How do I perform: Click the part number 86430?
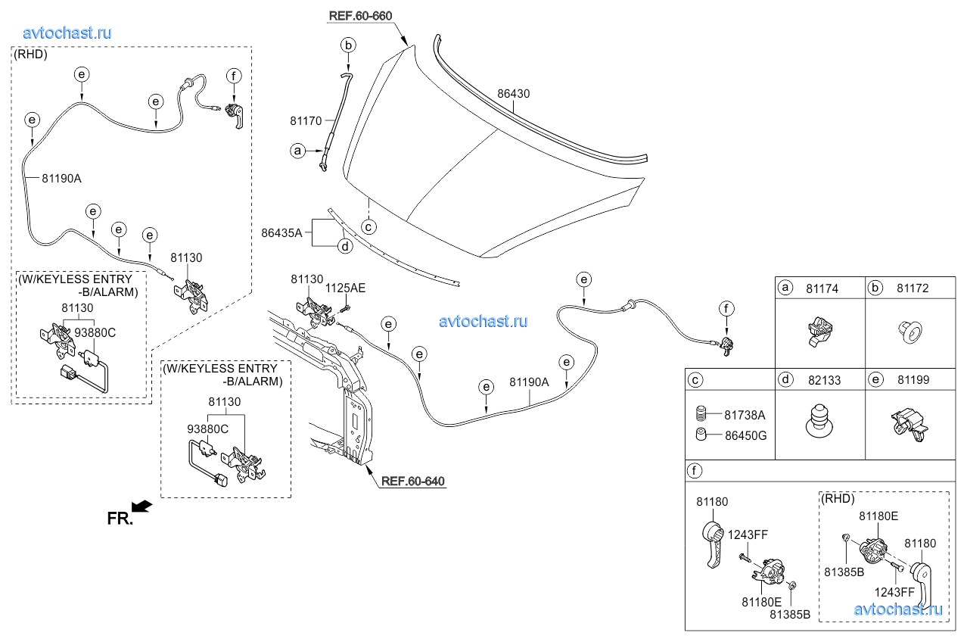click(x=513, y=95)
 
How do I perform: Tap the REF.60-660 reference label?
click(x=361, y=16)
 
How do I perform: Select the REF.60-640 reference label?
click(x=412, y=481)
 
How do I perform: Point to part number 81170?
click(x=306, y=120)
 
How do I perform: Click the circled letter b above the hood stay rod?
click(x=348, y=45)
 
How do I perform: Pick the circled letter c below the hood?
click(x=368, y=226)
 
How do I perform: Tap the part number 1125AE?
click(x=345, y=288)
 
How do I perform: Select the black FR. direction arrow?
click(x=143, y=506)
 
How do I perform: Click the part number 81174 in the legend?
click(x=822, y=288)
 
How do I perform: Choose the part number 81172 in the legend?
click(x=913, y=288)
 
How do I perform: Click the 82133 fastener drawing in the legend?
click(x=819, y=422)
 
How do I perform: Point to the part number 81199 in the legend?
click(x=913, y=380)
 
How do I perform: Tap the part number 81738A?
click(x=745, y=415)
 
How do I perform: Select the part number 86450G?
click(x=745, y=435)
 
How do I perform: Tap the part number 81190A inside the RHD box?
click(x=61, y=178)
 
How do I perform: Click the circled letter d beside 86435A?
click(x=344, y=246)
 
